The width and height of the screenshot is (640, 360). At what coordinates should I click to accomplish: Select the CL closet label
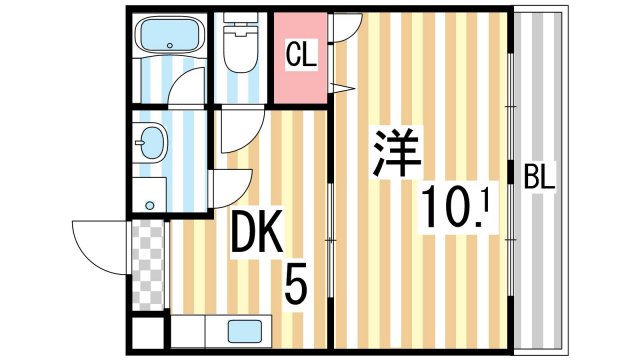(302, 56)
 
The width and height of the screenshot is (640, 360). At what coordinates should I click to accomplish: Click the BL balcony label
(540, 180)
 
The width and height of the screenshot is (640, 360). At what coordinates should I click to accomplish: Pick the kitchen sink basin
(244, 330)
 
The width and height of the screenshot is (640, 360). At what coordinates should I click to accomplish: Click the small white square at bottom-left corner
(147, 332)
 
